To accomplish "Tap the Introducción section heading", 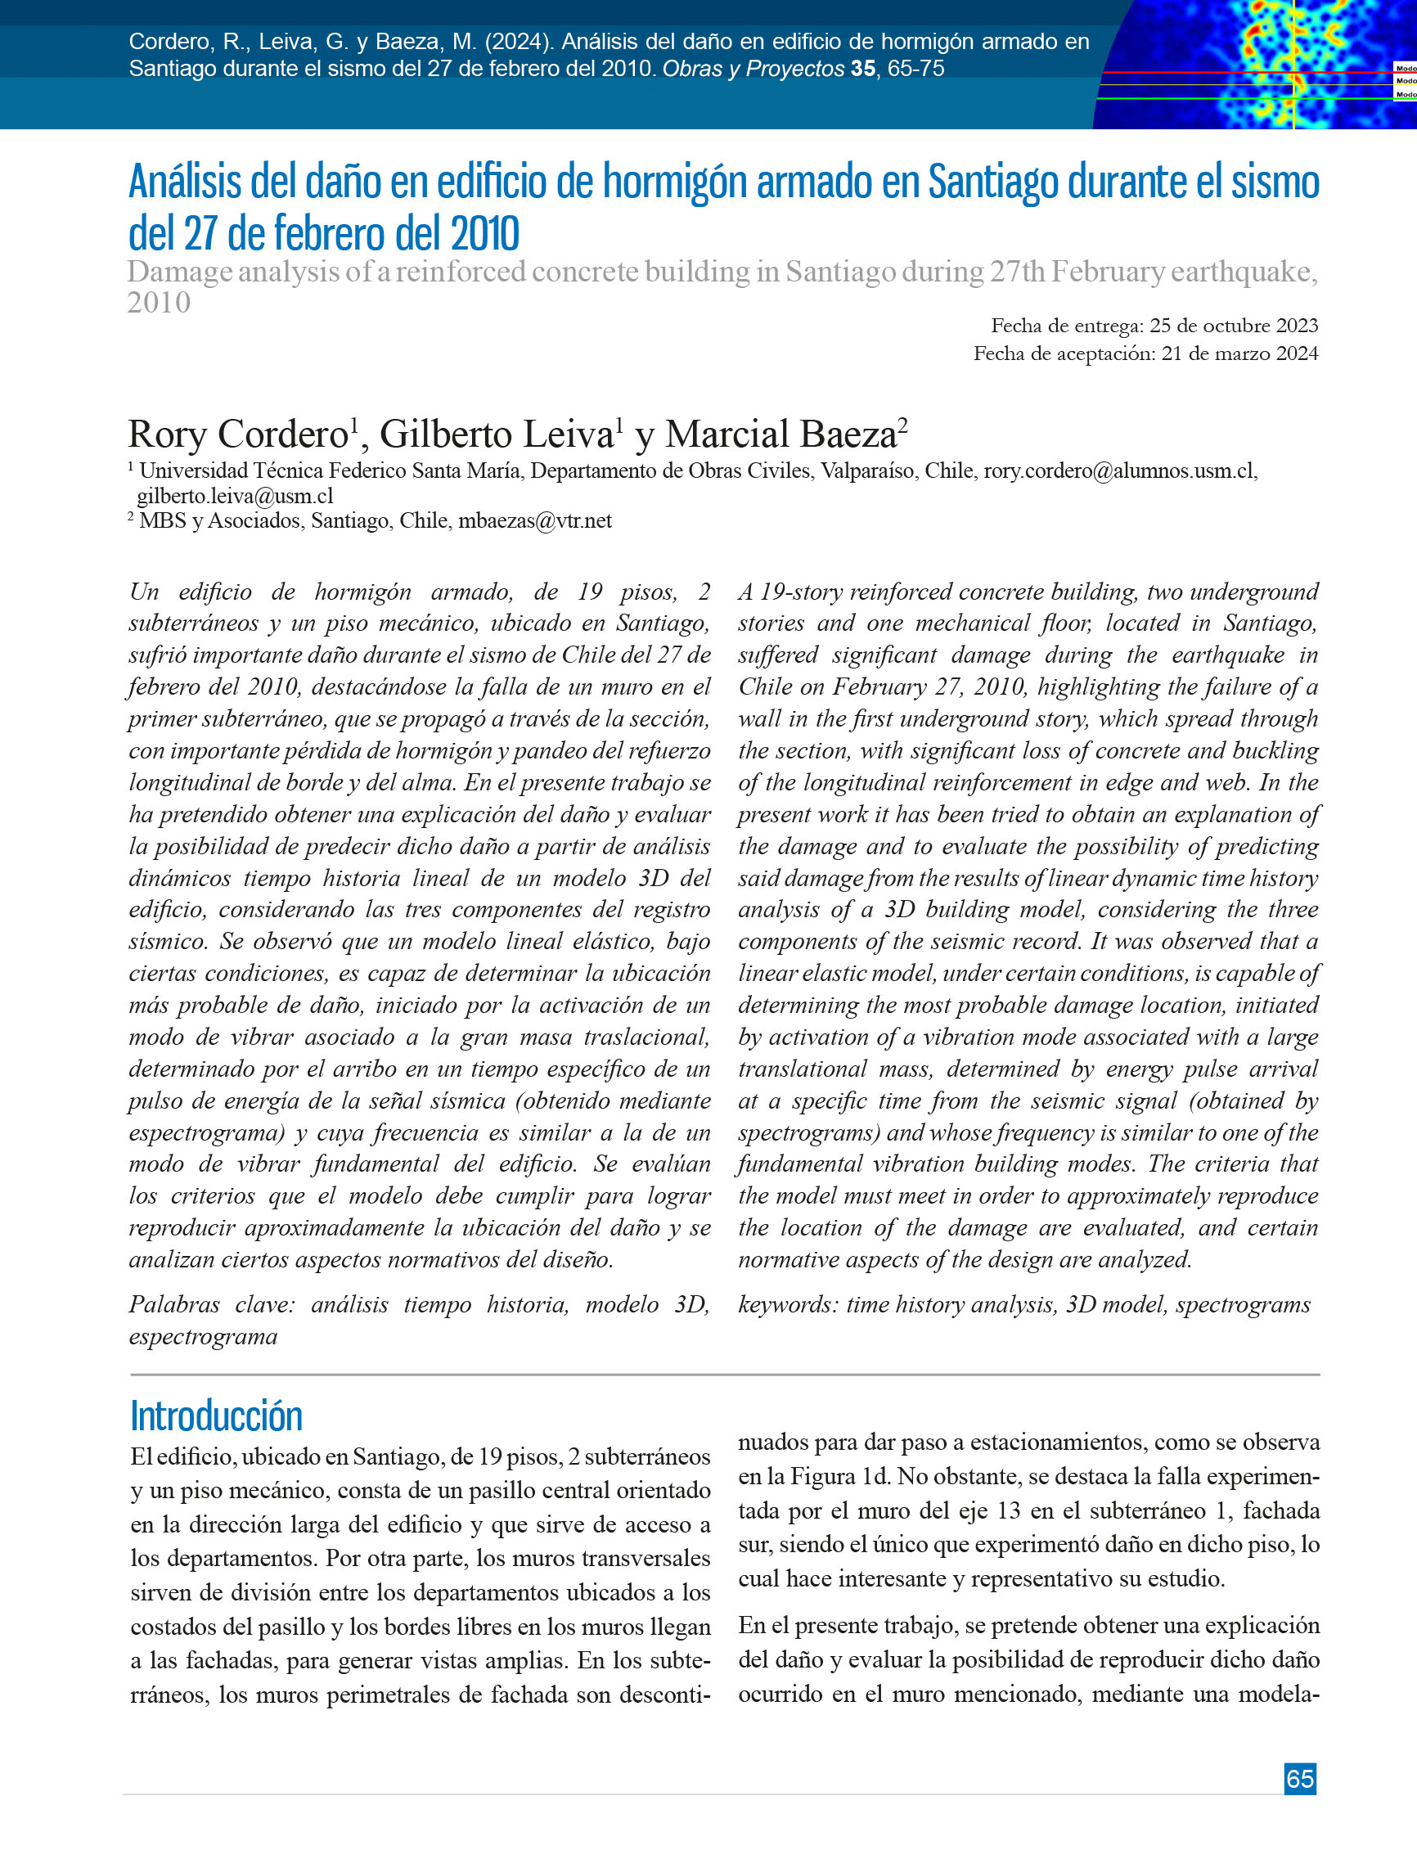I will pos(216,1416).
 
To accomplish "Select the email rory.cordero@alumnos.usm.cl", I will pos(1119,471).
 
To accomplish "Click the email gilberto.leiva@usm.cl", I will pos(235,496).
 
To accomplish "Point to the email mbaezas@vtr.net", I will pos(534,520).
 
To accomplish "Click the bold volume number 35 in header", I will pos(862,70).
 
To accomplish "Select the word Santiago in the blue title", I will pos(993,182).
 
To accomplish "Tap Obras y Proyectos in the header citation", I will pos(753,70).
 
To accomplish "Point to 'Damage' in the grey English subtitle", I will pos(180,272).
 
